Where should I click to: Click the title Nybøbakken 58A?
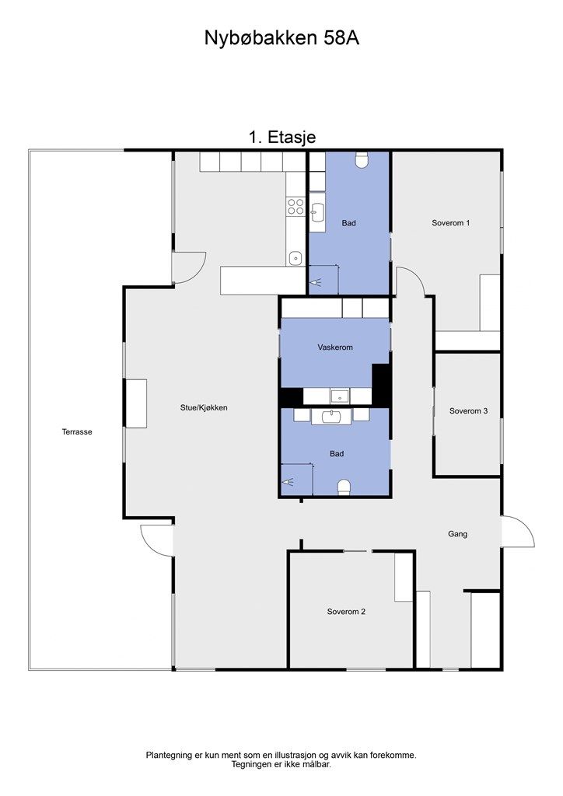click(281, 38)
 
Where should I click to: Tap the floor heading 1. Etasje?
click(282, 137)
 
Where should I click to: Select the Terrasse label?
click(77, 432)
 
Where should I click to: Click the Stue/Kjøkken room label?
click(204, 407)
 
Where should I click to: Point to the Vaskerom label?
click(335, 347)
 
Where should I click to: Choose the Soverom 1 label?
click(451, 223)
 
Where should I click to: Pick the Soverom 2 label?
click(346, 612)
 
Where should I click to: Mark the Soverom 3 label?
click(469, 411)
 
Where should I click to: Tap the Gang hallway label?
click(457, 534)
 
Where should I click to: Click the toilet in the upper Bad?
click(362, 160)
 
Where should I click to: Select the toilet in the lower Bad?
click(344, 487)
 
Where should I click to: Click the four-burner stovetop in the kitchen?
click(296, 207)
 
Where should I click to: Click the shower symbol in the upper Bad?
click(317, 281)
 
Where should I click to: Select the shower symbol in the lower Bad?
click(288, 480)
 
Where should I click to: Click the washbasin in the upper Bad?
click(317, 213)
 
